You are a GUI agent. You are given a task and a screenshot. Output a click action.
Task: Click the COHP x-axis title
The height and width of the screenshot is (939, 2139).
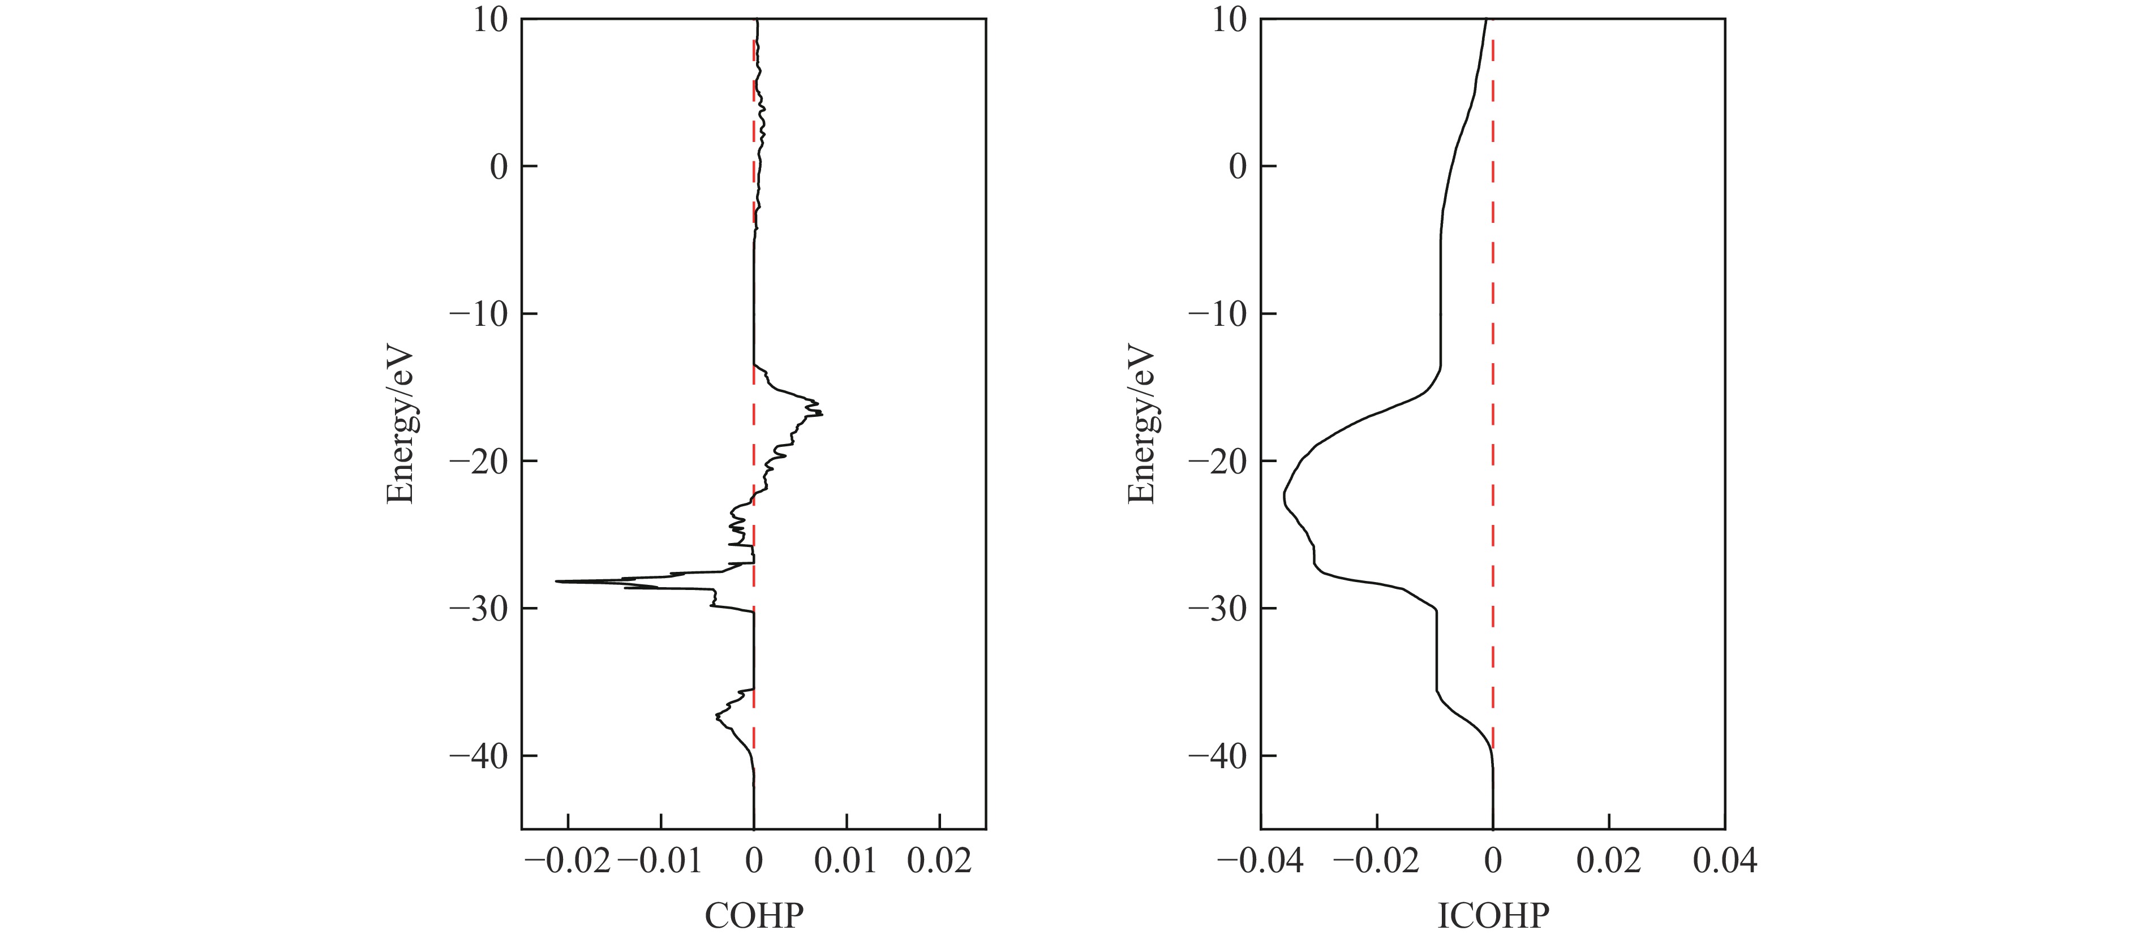click(753, 916)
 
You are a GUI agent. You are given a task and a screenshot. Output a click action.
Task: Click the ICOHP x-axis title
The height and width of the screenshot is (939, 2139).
click(1492, 916)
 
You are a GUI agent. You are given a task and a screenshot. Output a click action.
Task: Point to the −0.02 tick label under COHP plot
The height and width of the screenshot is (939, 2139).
click(568, 862)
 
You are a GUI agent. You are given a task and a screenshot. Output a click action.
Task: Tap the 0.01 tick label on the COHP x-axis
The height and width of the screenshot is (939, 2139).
click(845, 862)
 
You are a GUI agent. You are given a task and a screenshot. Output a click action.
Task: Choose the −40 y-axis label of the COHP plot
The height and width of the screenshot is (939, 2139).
click(480, 756)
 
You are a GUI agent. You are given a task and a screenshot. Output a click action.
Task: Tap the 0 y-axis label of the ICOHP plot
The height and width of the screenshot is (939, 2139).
click(1238, 167)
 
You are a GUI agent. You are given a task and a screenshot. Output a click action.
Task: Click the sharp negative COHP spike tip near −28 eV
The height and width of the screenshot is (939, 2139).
click(556, 581)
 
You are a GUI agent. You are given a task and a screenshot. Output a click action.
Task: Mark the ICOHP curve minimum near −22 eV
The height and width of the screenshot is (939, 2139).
click(1284, 497)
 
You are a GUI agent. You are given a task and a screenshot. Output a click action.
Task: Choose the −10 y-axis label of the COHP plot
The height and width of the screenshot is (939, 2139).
click(480, 315)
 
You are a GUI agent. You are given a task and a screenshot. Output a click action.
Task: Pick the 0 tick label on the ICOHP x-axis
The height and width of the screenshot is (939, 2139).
click(1492, 862)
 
